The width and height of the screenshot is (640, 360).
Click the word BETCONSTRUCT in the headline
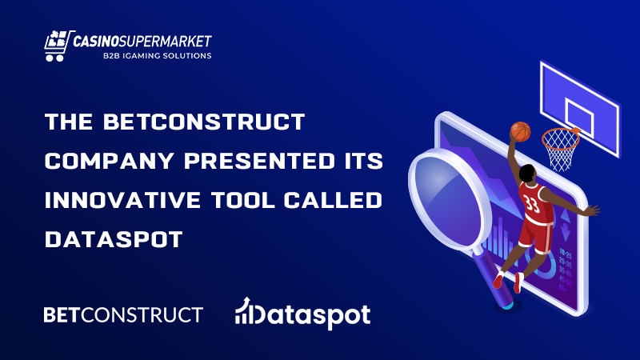[204, 122]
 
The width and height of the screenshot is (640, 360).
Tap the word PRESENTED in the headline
[259, 161]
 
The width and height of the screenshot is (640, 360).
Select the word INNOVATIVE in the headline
[122, 200]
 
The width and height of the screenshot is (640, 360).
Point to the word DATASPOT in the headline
[114, 239]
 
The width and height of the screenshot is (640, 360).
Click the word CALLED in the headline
[333, 200]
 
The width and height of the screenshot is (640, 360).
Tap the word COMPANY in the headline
[110, 161]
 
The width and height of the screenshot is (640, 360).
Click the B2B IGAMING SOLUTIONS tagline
[157, 55]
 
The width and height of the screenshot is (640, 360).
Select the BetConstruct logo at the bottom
[123, 315]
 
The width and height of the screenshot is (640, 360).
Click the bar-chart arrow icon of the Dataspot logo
[244, 311]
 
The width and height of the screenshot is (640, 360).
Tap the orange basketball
[521, 131]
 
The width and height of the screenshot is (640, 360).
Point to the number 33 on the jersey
[532, 204]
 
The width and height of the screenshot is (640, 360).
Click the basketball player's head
[527, 173]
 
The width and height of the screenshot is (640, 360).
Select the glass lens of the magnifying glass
[448, 198]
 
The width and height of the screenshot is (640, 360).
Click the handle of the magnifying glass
[493, 278]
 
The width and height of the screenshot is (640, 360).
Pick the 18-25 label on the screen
[566, 254]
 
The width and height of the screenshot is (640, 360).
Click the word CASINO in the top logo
[95, 42]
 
